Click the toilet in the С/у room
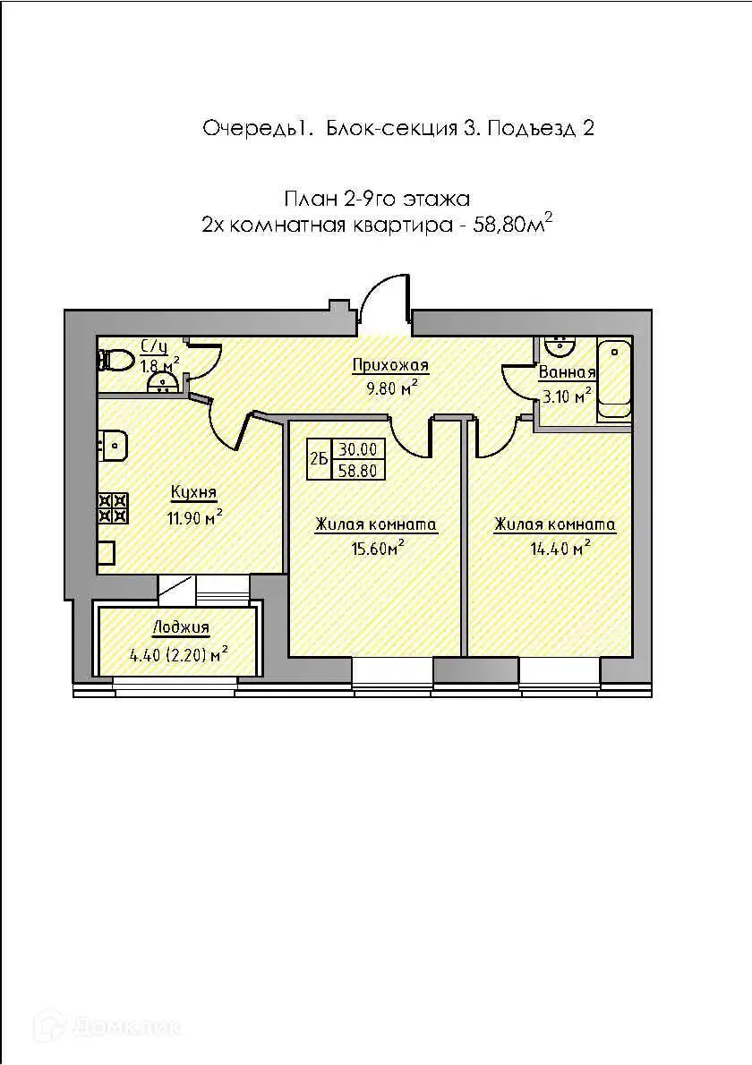point(115,359)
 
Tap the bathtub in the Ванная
point(614,380)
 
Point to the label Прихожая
point(390,366)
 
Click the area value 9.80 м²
point(390,388)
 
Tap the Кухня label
point(193,492)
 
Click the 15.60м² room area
point(378,548)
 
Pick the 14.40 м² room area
point(560,548)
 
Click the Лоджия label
point(181,628)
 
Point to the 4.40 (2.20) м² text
point(178,655)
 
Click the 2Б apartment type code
point(319,458)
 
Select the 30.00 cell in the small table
point(358,449)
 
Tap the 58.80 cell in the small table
point(358,469)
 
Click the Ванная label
point(567,372)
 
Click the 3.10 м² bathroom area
point(567,396)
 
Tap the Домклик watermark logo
point(108,1026)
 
